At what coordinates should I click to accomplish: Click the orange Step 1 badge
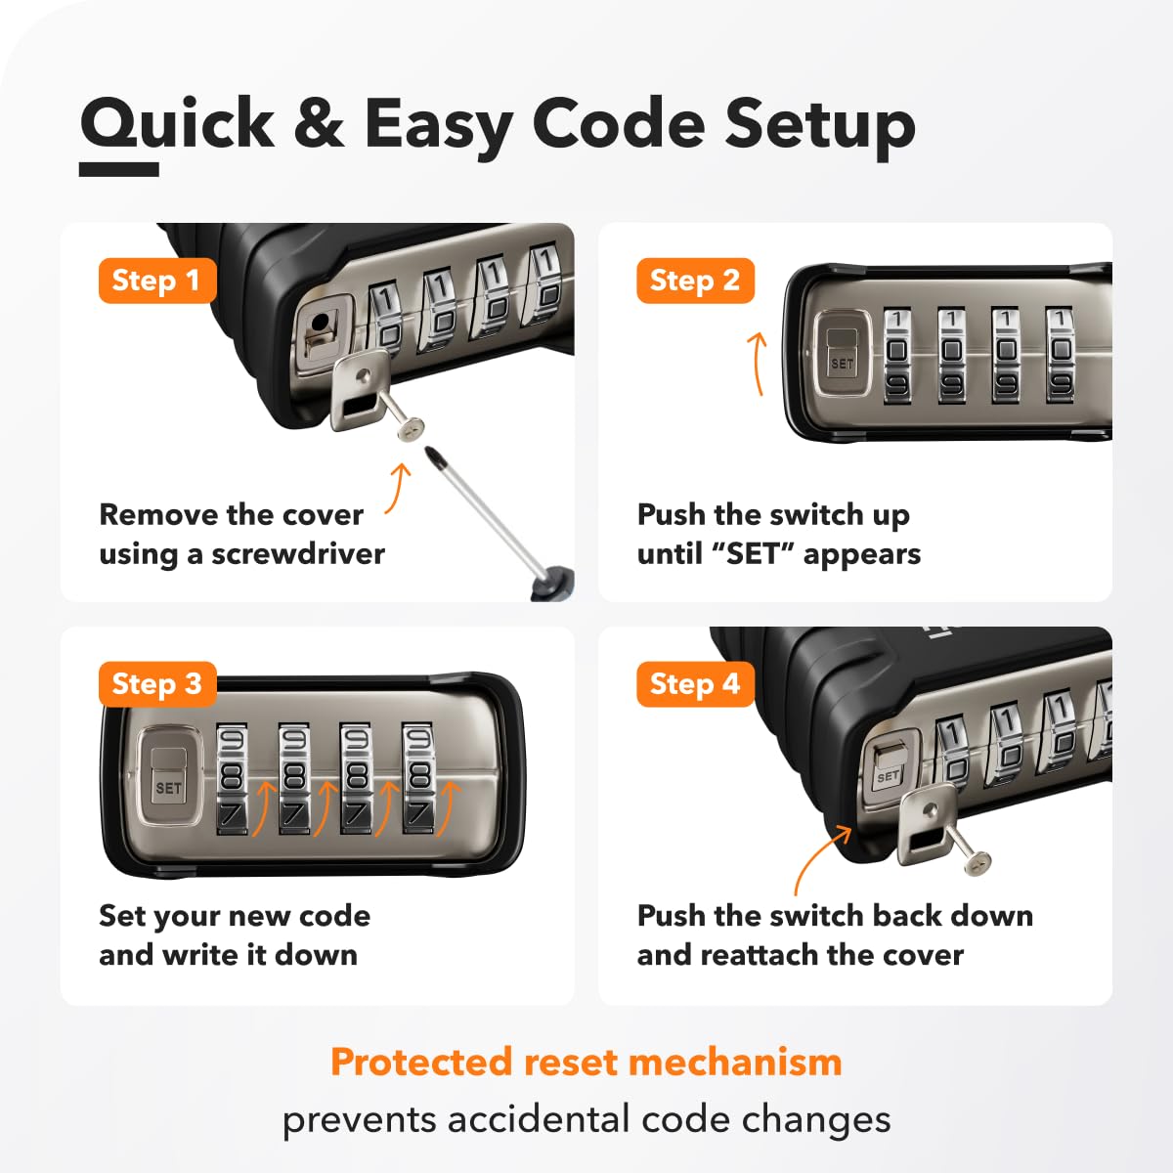tap(157, 281)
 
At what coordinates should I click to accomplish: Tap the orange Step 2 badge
tap(695, 281)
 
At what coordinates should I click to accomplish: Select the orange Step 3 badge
tap(157, 683)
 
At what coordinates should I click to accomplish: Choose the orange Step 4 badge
tap(695, 683)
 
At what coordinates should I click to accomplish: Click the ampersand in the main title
tap(319, 122)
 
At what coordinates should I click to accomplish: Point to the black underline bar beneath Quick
tap(119, 169)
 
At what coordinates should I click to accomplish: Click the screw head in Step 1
tap(410, 427)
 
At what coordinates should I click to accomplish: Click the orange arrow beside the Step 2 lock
tap(757, 364)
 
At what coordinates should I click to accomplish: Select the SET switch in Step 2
tap(842, 353)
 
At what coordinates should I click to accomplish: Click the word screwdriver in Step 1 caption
tap(298, 554)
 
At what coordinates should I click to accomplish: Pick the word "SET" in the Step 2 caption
tap(753, 554)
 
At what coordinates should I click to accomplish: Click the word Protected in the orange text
tap(422, 1062)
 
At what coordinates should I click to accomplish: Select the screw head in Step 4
tap(977, 863)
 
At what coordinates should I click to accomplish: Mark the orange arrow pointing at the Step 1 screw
tap(398, 488)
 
